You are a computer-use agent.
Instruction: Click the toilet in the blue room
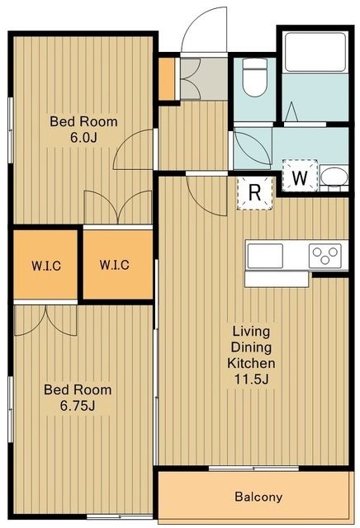pos(255,77)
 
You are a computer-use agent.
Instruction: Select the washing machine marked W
pos(300,176)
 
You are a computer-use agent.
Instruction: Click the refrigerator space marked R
pos(255,193)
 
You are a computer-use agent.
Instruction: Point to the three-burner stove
pos(325,256)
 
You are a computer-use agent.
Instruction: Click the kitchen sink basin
pos(265,256)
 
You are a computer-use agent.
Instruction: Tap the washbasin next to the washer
pos(334,176)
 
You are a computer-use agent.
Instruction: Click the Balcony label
pos(258,497)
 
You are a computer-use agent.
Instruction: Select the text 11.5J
pos(252,379)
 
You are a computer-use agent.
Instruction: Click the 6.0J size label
pos(84,138)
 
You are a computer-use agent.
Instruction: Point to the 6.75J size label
pos(78,406)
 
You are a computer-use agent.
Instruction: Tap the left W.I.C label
pos(46,266)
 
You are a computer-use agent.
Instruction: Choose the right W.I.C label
pos(114,265)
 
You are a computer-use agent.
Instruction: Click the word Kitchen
pos(251,363)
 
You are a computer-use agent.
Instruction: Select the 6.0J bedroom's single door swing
pos(133,149)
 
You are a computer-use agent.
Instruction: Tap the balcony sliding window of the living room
pos(253,468)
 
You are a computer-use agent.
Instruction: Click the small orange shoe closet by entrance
pos(167,79)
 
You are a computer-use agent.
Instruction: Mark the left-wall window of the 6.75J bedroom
pos(11,409)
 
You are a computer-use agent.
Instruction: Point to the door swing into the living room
pos(206,196)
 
